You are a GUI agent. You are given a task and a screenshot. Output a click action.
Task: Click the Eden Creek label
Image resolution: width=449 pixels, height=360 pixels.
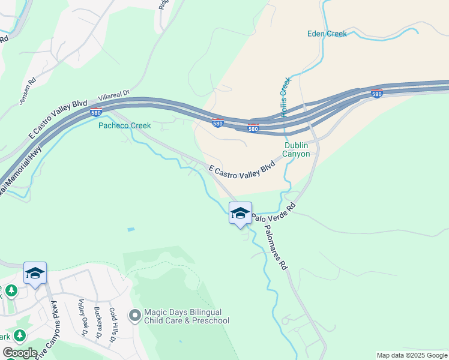pyautogui.click(x=327, y=34)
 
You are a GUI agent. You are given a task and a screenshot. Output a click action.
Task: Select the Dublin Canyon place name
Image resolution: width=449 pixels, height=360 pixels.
pyautogui.click(x=297, y=149)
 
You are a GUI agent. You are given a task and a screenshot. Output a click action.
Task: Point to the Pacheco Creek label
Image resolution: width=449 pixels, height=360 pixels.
pyautogui.click(x=124, y=125)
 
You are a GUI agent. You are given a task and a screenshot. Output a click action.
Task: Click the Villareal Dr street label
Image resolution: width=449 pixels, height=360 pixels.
pyautogui.click(x=114, y=95)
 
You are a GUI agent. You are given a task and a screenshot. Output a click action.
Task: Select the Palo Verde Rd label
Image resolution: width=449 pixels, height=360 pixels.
pyautogui.click(x=274, y=214)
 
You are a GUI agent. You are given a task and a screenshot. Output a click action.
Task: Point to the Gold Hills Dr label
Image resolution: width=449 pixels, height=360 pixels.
pyautogui.click(x=113, y=326)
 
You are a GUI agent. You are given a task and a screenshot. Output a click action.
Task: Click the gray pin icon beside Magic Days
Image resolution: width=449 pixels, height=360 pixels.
pyautogui.click(x=134, y=315)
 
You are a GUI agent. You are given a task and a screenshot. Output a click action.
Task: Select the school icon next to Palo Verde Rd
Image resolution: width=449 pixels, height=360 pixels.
pyautogui.click(x=240, y=214)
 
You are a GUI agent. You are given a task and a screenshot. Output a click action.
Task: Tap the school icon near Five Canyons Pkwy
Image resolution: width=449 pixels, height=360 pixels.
pyautogui.click(x=35, y=274)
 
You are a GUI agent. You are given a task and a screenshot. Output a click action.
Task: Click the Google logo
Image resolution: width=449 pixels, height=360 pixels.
pyautogui.click(x=20, y=352)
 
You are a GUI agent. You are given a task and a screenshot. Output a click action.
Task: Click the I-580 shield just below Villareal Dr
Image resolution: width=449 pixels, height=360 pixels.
pyautogui.click(x=96, y=112)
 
